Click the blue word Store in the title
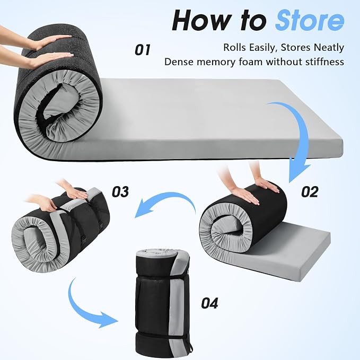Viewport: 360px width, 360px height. (310, 21)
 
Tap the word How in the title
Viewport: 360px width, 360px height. (201, 21)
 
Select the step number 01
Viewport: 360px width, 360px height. (143, 50)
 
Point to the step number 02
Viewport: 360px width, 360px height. (310, 191)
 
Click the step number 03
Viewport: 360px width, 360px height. (120, 191)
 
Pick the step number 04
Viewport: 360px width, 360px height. (209, 303)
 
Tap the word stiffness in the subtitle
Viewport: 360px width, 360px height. (324, 62)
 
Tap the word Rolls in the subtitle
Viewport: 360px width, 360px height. (235, 48)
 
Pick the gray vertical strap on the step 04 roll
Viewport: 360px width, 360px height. (178, 305)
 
